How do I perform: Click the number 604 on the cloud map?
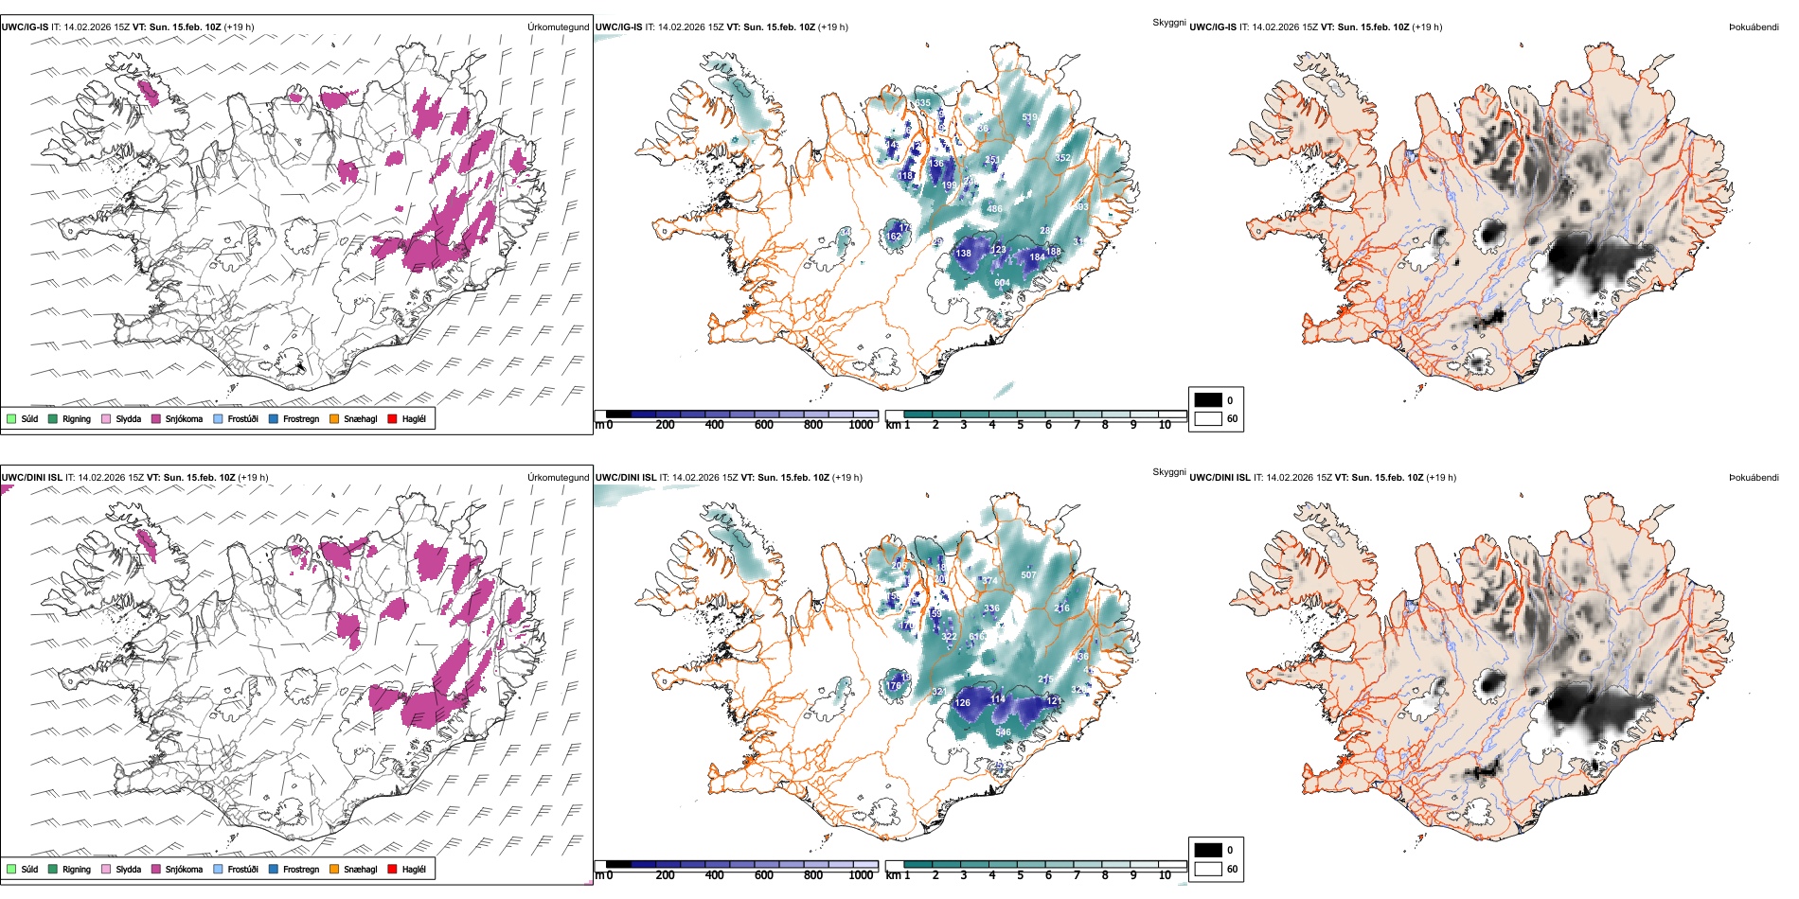coord(1002,283)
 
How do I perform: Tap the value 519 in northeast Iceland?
coord(1030,118)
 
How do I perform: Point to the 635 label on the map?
coord(922,103)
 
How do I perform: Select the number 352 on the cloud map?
coord(1063,158)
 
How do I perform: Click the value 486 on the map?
coord(994,209)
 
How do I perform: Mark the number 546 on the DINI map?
coord(1003,732)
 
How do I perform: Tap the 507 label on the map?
coord(1028,575)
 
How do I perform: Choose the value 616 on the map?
coord(977,637)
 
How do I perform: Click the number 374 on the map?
coord(989,581)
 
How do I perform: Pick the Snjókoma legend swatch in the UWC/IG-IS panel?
coord(156,419)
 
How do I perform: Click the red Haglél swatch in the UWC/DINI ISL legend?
coord(392,869)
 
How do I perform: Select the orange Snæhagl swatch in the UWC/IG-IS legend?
coord(334,419)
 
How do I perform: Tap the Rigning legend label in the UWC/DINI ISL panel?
coord(77,869)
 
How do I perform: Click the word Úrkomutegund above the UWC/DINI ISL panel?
coord(558,477)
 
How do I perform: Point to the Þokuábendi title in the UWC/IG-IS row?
coord(1754,27)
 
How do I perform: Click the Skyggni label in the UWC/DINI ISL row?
coord(1168,471)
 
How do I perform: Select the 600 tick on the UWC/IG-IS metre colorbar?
coord(764,425)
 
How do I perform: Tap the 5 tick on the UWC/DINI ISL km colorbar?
coord(1020,875)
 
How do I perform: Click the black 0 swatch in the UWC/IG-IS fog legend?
coord(1208,400)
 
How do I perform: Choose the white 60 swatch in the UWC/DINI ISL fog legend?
coord(1208,869)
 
